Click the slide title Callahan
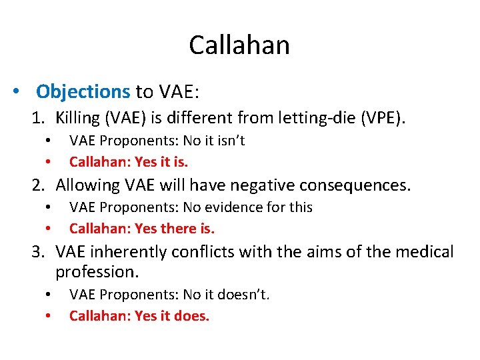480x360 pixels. tap(239, 45)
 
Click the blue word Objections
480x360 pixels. tap(83, 91)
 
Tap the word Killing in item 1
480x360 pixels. tap(77, 119)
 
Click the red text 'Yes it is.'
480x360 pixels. tap(162, 161)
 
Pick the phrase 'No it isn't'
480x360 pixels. tap(215, 141)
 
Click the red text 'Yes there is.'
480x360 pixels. tap(175, 229)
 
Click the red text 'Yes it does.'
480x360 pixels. tap(172, 316)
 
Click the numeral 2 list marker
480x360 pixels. tap(39, 185)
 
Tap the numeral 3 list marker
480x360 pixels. tap(39, 251)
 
